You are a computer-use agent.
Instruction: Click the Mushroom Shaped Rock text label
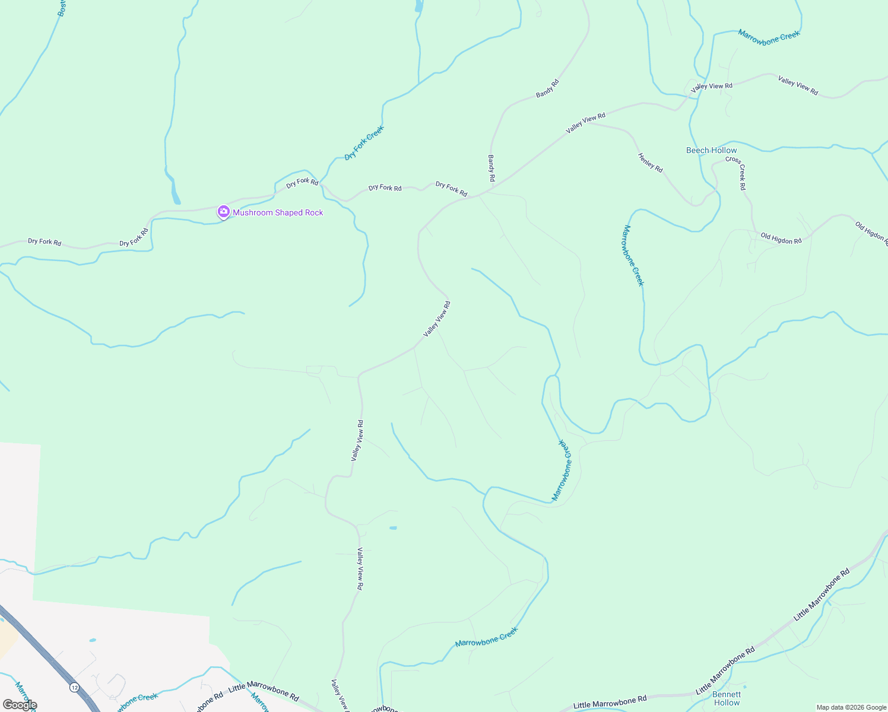(x=278, y=212)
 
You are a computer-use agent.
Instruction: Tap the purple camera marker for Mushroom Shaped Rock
(x=223, y=211)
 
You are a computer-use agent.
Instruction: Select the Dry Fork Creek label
(x=364, y=143)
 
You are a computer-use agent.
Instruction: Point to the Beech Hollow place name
(x=711, y=150)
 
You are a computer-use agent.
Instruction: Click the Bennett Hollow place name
(x=727, y=698)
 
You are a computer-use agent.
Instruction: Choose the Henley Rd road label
(x=650, y=163)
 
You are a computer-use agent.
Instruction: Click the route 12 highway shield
(x=74, y=687)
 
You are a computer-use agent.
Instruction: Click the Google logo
(x=20, y=705)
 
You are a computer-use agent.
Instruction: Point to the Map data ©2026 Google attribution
(x=851, y=707)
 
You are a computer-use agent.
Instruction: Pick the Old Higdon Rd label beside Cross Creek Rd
(x=781, y=239)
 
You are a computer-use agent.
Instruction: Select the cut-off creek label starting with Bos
(x=61, y=8)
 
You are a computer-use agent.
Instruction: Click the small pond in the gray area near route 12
(x=92, y=641)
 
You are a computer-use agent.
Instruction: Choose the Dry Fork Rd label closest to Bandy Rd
(x=451, y=189)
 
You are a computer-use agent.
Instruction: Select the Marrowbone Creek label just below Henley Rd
(x=633, y=255)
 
